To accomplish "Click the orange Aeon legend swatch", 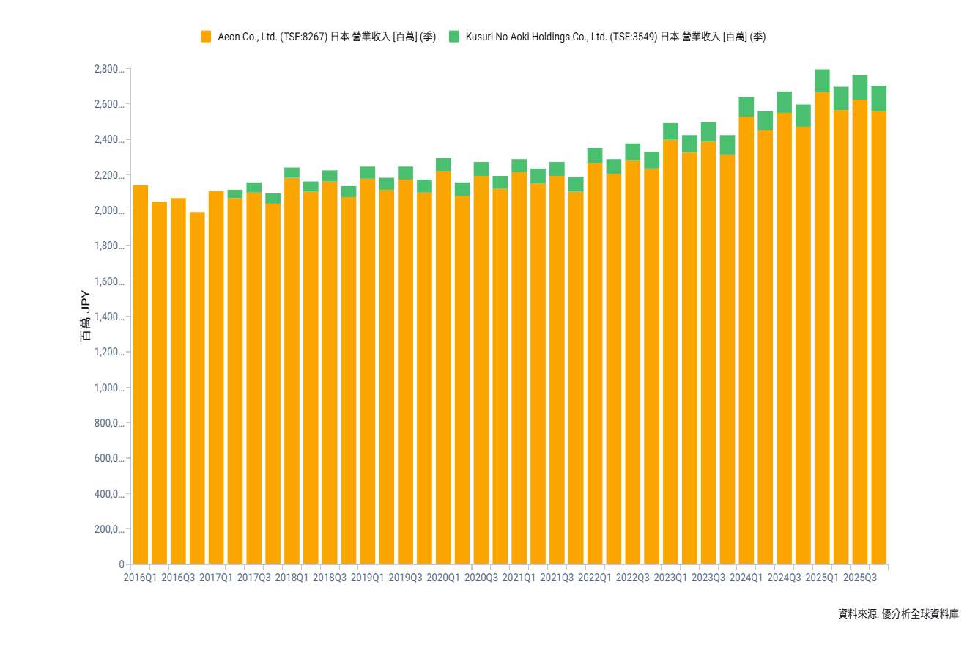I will click(x=206, y=37).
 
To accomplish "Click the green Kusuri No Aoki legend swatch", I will click(x=453, y=37).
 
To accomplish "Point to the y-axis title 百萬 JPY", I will click(x=86, y=317).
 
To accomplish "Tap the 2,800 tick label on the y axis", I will click(x=108, y=70).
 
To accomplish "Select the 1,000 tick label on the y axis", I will click(x=108, y=388).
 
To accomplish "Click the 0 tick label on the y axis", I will click(x=122, y=565).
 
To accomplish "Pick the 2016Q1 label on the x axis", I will click(x=140, y=578).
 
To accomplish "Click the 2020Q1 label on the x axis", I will click(x=443, y=578).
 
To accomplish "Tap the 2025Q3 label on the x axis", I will click(x=860, y=578).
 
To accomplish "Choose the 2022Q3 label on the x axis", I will click(x=632, y=578).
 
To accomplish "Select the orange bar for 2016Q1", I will click(x=140, y=374).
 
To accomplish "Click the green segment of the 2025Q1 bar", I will click(x=822, y=81).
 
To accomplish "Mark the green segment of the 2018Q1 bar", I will click(x=292, y=172).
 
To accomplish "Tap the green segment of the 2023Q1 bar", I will click(x=670, y=131).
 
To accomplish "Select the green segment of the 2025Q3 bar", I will click(x=860, y=87).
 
